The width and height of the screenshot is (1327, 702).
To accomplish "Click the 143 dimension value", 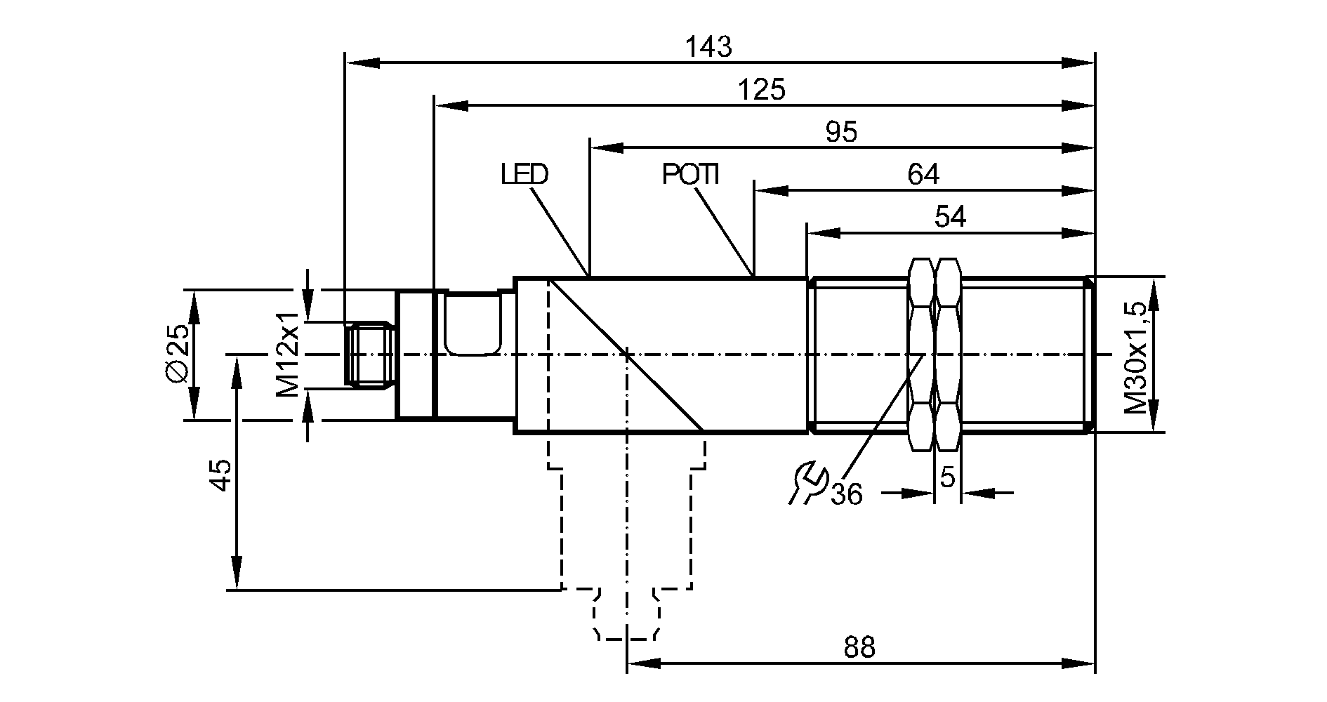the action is [708, 47].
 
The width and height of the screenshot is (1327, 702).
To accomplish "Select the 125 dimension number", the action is [762, 90].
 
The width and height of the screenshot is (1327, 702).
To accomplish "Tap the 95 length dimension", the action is [841, 132].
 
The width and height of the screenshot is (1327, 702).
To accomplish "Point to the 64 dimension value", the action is [923, 174].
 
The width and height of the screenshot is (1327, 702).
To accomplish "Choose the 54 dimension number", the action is [951, 217].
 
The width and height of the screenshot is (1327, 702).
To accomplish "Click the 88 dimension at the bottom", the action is [859, 647].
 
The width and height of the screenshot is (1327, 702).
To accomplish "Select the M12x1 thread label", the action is [288, 355].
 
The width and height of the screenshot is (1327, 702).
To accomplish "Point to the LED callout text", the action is [524, 174].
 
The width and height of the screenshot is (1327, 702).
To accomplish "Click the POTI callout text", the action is [691, 174].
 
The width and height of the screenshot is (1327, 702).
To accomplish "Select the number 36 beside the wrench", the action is [846, 495].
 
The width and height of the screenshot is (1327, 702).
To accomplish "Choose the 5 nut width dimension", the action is [948, 478].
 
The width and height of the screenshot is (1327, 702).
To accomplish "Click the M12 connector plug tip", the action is [369, 355].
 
